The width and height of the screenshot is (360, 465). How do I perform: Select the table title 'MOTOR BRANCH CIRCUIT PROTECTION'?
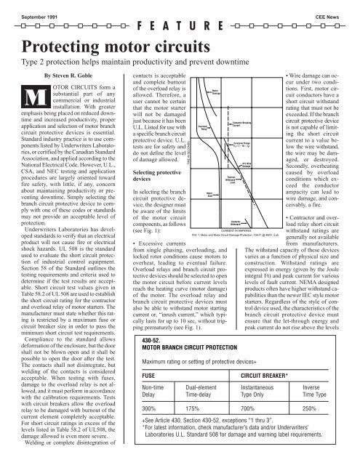206,344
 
